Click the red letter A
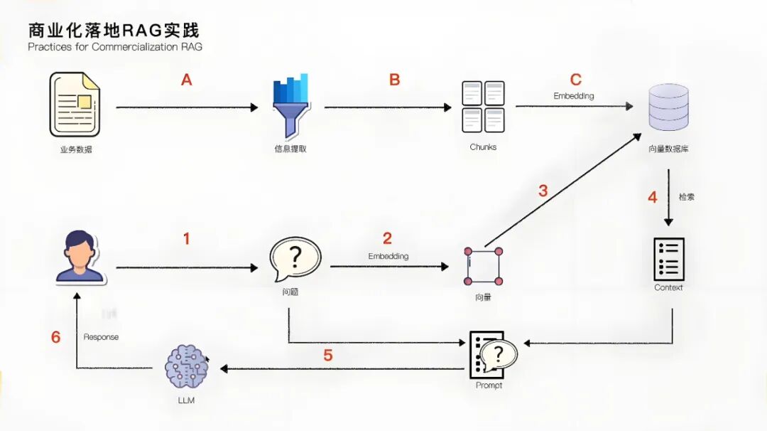187,80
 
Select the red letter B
395,80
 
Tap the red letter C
576,80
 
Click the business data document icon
75,105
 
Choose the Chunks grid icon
483,107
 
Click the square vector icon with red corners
483,266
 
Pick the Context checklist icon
668,259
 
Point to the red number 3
543,191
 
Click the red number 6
56,337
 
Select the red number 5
327,355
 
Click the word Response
101,337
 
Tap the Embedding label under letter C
574,96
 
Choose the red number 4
653,197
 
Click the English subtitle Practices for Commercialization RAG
115,47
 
